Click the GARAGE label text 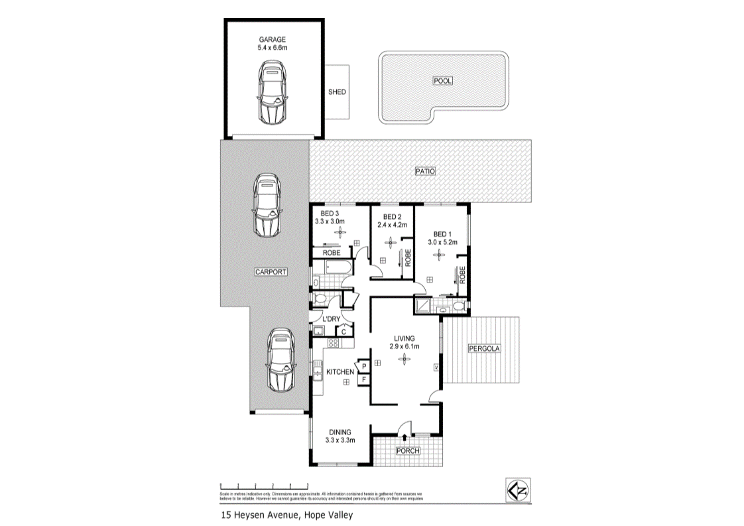tap(271, 40)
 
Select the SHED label tap(337, 92)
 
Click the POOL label tap(442, 81)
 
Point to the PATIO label tap(424, 171)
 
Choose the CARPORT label tap(271, 272)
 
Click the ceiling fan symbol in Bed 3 tap(341, 231)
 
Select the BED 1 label tap(442, 234)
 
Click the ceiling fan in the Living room tap(403, 360)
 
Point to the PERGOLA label tap(484, 348)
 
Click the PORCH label tap(407, 451)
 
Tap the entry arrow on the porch tap(404, 436)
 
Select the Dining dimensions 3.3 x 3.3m tap(341, 440)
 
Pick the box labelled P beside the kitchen tap(364, 365)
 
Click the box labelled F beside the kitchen tap(364, 379)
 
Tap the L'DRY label tap(332, 319)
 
